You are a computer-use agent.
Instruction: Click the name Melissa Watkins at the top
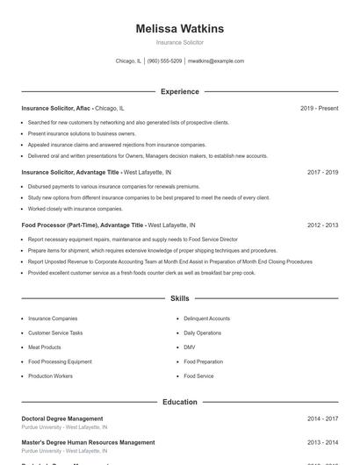(180, 29)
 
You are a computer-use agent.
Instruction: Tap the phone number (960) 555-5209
(165, 61)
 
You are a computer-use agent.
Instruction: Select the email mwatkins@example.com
(215, 61)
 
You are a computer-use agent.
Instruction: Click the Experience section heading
(180, 91)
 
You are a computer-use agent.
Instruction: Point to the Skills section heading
(180, 299)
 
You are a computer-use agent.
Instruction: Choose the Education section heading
(180, 402)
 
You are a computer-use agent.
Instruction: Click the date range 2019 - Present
(319, 108)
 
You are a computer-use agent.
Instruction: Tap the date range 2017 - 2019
(322, 173)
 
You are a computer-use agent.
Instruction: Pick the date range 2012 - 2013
(322, 225)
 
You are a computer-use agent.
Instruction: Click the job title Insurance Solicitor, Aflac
(56, 108)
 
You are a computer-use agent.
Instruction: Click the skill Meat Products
(45, 347)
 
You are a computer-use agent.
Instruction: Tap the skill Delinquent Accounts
(207, 318)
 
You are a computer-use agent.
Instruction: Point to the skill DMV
(190, 347)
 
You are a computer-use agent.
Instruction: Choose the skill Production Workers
(50, 376)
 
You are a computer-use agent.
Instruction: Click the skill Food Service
(198, 376)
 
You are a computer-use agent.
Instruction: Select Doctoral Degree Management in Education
(61, 418)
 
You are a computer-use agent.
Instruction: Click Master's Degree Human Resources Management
(87, 442)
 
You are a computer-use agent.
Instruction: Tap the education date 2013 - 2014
(322, 442)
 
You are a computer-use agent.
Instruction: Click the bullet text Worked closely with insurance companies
(76, 209)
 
